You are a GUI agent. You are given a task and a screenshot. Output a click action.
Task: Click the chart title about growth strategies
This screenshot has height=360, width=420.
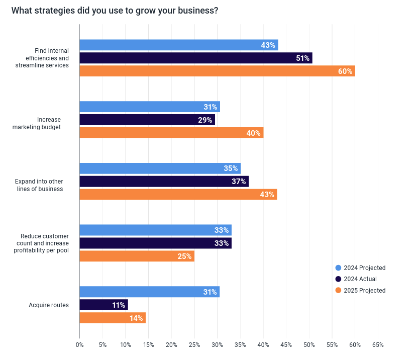pyautogui.click(x=115, y=11)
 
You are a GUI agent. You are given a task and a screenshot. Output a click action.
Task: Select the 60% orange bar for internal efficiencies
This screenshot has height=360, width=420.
pyautogui.click(x=217, y=71)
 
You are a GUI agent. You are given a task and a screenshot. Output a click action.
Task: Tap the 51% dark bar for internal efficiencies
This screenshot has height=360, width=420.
pyautogui.click(x=196, y=58)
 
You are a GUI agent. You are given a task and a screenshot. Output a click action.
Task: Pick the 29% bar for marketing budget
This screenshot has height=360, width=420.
pyautogui.click(x=147, y=120)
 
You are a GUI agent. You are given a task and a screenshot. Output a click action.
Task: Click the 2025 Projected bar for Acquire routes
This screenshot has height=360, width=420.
pyautogui.click(x=113, y=318)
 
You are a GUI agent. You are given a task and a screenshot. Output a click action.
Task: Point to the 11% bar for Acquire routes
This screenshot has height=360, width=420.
pyautogui.click(x=103, y=305)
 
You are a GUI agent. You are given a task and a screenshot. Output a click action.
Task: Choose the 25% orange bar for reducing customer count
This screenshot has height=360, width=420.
pyautogui.click(x=137, y=256)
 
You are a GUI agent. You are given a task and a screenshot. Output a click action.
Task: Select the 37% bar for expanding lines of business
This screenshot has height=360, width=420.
pyautogui.click(x=164, y=181)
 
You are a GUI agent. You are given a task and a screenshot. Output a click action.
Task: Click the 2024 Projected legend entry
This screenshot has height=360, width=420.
pyautogui.click(x=361, y=268)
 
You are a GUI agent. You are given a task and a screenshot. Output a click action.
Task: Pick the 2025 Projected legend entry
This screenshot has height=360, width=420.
pyautogui.click(x=361, y=290)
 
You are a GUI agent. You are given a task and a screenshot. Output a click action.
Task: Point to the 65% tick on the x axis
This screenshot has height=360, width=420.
pyautogui.click(x=378, y=345)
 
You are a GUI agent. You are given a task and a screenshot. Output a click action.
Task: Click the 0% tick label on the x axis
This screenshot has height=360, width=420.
pyautogui.click(x=79, y=345)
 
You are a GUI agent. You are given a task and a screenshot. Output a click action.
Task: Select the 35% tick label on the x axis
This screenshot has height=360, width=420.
pyautogui.click(x=240, y=345)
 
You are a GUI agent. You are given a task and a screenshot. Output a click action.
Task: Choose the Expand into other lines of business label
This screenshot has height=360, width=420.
pyautogui.click(x=39, y=185)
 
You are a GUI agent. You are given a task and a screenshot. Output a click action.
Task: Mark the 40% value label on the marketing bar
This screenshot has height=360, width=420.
pyautogui.click(x=253, y=133)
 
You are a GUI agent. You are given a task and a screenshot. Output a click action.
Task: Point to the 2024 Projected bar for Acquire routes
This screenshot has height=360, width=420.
pyautogui.click(x=149, y=292)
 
